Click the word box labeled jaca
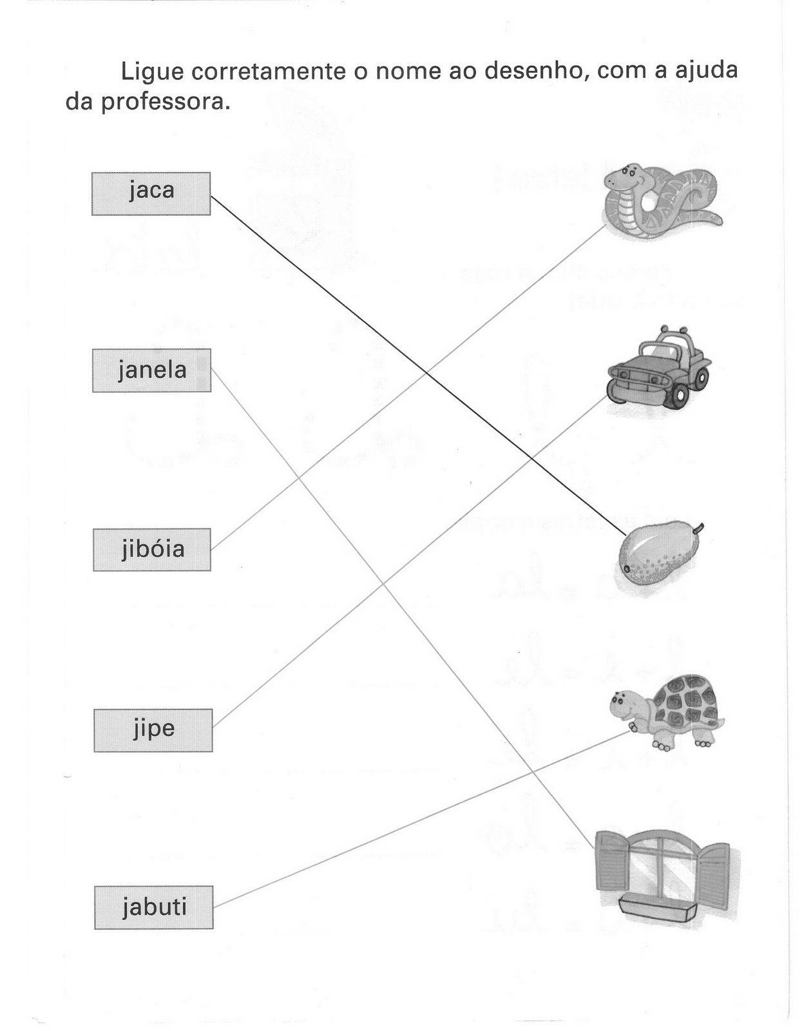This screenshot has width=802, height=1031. [x=151, y=193]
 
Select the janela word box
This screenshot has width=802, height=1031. [x=151, y=371]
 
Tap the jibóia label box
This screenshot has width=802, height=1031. [x=152, y=550]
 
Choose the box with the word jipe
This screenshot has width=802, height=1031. [x=153, y=730]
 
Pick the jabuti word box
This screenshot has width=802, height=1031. [x=153, y=907]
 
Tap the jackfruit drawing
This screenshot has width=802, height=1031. [x=659, y=553]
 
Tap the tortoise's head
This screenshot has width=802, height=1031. [x=624, y=702]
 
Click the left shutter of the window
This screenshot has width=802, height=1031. [x=612, y=863]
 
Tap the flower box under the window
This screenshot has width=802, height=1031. [x=657, y=909]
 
